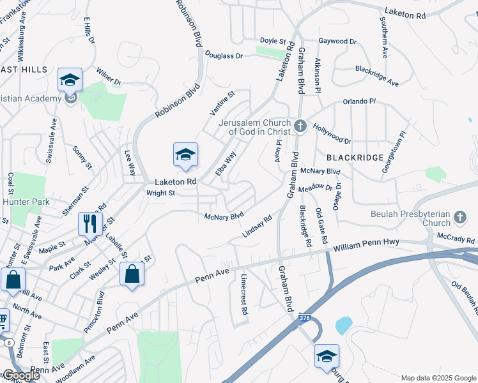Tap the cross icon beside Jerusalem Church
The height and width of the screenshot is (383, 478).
(x=300, y=125)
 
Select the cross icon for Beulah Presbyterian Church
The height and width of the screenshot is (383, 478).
(x=459, y=219)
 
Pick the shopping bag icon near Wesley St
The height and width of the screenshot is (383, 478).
(x=131, y=274)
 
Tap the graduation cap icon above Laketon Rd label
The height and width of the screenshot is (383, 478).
(x=185, y=154)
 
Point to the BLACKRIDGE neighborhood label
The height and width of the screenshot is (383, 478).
(x=355, y=157)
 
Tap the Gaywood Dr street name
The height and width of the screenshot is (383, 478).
(x=337, y=41)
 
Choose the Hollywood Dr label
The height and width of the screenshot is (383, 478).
(x=332, y=135)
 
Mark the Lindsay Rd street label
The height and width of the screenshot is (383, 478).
(x=258, y=226)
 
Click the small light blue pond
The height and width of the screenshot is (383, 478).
(x=343, y=326)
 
